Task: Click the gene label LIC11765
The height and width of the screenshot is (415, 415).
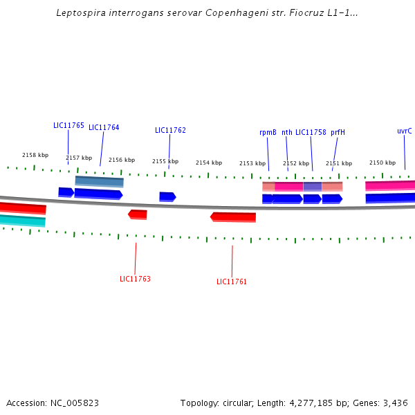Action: (68, 126)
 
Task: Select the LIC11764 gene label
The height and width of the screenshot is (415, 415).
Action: (104, 127)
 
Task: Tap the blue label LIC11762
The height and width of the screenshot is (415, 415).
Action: (170, 130)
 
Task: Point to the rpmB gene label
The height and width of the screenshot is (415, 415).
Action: (268, 132)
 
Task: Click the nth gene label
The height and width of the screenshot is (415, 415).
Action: (287, 132)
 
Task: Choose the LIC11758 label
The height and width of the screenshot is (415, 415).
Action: (311, 132)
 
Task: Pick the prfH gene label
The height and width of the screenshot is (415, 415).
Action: (338, 132)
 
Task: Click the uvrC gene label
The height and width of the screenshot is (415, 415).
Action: (405, 131)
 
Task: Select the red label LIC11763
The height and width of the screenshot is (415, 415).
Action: (135, 279)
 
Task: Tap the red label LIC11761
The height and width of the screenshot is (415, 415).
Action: (232, 282)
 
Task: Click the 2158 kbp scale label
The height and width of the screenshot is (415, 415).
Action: (35, 155)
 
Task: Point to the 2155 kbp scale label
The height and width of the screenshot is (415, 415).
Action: (165, 161)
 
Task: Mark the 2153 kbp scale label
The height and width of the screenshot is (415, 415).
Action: (252, 163)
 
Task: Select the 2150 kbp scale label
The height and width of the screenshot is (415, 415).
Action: (382, 163)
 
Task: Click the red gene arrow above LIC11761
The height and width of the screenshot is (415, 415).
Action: (233, 217)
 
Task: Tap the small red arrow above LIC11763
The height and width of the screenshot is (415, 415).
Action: (138, 214)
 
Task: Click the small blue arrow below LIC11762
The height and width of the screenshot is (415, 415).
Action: (167, 197)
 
